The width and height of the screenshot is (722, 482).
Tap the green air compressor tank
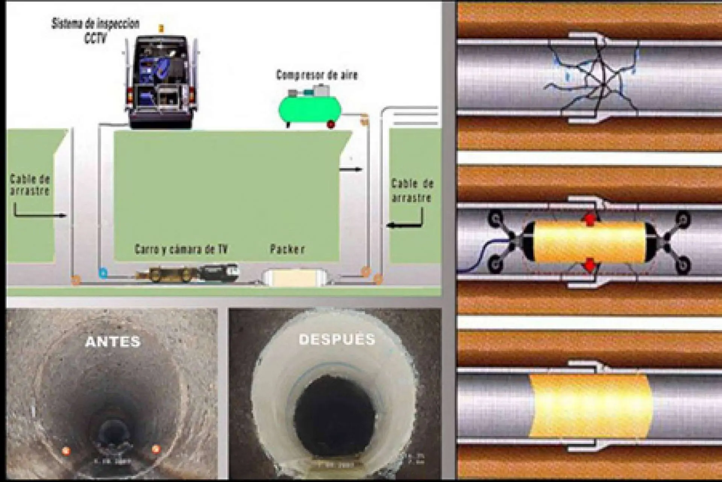309,109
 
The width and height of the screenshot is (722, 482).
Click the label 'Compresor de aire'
317,75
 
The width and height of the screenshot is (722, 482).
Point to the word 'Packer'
287,249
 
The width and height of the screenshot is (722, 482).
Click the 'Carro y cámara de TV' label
181,249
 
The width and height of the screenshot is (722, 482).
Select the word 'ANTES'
113,342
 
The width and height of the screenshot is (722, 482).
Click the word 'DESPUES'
337,339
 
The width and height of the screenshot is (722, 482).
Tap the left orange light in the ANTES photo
66,450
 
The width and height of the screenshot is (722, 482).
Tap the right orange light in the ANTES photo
156,448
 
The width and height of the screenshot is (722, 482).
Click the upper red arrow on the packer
590,219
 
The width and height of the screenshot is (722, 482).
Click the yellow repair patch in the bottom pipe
590,406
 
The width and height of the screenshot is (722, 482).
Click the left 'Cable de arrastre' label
30,185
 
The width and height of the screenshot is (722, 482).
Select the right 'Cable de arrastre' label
412,190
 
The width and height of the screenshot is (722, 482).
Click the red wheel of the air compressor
331,125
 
